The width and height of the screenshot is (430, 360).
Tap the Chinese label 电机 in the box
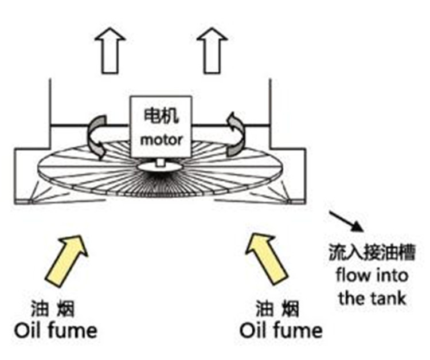(161, 116)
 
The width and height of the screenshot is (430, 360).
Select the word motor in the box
(161, 139)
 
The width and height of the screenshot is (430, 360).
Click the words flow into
(372, 276)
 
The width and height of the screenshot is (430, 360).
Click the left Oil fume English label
(55, 331)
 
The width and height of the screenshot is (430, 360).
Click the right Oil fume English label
(280, 331)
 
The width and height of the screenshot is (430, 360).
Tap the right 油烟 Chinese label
(277, 310)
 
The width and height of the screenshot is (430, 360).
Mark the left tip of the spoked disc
(39, 170)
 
